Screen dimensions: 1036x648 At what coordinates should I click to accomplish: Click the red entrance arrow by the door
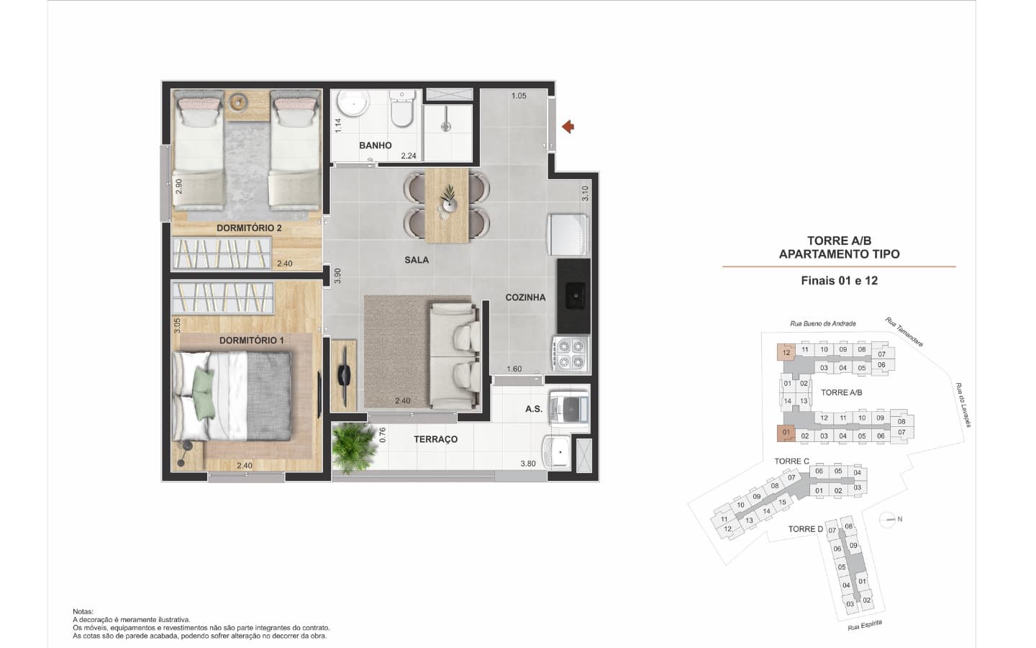568,127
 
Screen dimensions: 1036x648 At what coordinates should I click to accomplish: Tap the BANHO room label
375,145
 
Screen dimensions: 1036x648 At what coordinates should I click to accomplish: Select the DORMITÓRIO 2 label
249,228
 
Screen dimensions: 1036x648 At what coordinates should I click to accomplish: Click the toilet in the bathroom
402,108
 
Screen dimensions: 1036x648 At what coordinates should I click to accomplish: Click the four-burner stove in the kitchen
571,354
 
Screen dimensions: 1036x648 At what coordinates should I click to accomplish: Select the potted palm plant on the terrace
353,446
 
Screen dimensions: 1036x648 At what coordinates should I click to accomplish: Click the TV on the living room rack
344,375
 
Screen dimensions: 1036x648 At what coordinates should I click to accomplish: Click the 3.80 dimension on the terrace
528,464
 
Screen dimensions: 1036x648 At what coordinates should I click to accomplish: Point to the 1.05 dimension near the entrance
519,96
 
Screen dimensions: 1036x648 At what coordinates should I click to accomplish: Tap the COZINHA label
525,297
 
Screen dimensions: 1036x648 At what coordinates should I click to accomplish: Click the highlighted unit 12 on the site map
786,352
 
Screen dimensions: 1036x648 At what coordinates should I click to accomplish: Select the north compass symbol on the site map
888,520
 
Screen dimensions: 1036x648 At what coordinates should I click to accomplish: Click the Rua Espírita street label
865,625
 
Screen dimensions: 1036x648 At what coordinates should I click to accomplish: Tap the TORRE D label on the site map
806,529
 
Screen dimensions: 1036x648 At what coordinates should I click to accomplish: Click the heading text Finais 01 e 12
839,281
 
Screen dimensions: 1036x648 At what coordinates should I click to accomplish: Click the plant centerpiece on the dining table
447,198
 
